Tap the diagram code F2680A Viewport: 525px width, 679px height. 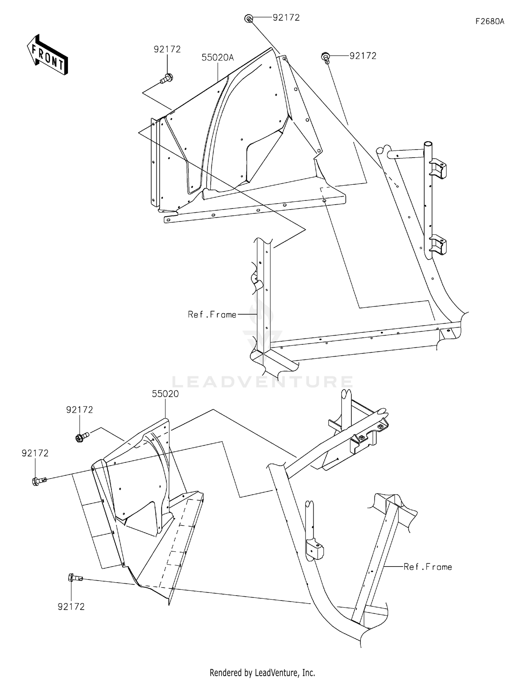tap(490, 21)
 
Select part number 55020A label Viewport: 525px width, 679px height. tap(217, 57)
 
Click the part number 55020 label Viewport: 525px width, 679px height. tap(165, 394)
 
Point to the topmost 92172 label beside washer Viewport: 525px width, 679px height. tap(286, 18)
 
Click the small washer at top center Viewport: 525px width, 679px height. tap(248, 19)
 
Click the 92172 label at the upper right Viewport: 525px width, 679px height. tap(363, 56)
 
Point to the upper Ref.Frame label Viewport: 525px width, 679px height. tap(212, 315)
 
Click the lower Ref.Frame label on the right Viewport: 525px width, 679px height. tap(428, 567)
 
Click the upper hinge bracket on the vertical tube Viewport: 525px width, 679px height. tap(438, 169)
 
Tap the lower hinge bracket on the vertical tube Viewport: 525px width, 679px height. tap(438, 245)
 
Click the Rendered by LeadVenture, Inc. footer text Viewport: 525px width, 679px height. tap(262, 672)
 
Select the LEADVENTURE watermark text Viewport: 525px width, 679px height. tap(262, 382)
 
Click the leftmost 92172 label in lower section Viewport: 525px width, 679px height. tap(35, 453)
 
